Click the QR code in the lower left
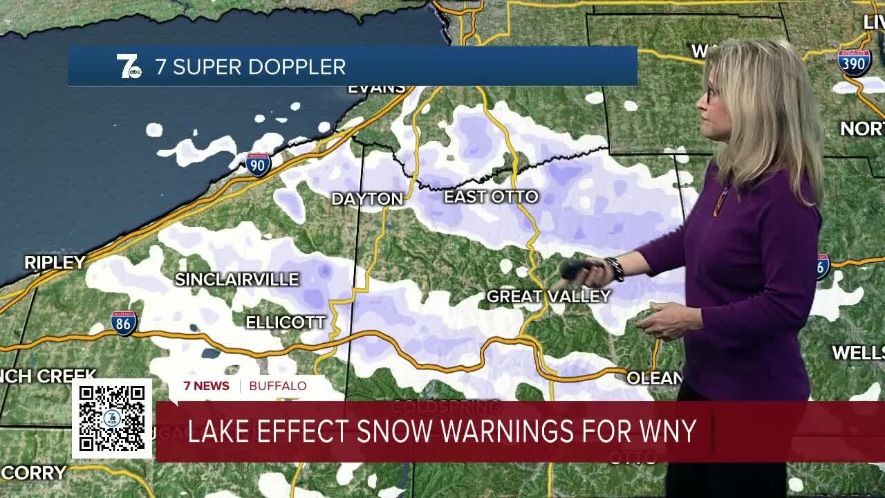click(112, 418)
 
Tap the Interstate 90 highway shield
click(258, 164)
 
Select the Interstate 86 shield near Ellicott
click(124, 323)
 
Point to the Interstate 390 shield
click(854, 62)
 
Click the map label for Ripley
click(55, 263)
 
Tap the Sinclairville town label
click(236, 279)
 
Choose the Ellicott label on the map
click(286, 322)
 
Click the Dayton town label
click(367, 199)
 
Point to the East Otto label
click(491, 197)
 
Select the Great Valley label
click(548, 297)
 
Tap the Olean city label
click(653, 378)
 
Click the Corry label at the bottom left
click(33, 474)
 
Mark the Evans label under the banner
click(376, 89)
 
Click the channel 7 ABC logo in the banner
click(129, 66)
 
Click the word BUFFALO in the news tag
click(277, 386)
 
